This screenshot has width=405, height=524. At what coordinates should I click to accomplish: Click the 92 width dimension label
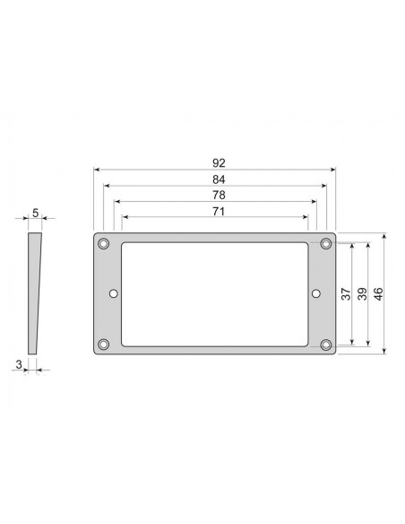[219, 163]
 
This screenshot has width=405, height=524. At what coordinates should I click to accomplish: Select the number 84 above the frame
[219, 179]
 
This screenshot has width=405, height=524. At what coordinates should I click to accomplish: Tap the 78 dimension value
[219, 195]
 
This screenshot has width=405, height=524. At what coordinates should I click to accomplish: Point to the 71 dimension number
[219, 211]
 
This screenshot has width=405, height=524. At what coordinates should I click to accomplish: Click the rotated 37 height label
[346, 293]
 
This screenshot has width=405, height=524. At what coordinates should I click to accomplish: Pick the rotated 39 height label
[362, 293]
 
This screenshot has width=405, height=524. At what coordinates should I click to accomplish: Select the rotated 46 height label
[378, 293]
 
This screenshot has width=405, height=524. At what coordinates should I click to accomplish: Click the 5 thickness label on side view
[35, 213]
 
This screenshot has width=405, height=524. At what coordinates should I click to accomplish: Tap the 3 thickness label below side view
[19, 364]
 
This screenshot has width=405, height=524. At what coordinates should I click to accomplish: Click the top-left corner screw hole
[104, 244]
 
